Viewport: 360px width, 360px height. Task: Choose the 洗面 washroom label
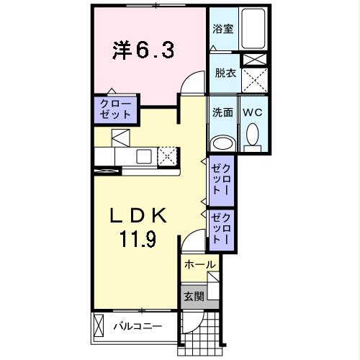222,112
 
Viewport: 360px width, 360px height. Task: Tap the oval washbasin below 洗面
222,140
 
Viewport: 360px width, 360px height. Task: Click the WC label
252,112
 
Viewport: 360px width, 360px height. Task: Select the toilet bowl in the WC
253,135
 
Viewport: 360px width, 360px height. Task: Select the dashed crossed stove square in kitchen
168,155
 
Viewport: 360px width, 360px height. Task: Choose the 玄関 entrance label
193,296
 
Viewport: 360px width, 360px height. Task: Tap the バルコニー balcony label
138,326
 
